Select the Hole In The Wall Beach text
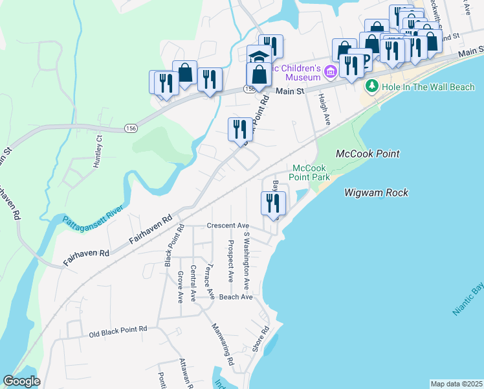(x=428, y=86)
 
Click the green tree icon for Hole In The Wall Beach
(x=371, y=86)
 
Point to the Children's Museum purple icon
(x=331, y=71)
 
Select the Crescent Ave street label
(x=228, y=226)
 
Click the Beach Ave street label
(x=235, y=296)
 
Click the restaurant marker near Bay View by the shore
(x=272, y=203)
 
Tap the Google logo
(x=21, y=381)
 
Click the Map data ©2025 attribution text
(x=456, y=384)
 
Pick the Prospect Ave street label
(x=230, y=261)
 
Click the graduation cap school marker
(x=258, y=56)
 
